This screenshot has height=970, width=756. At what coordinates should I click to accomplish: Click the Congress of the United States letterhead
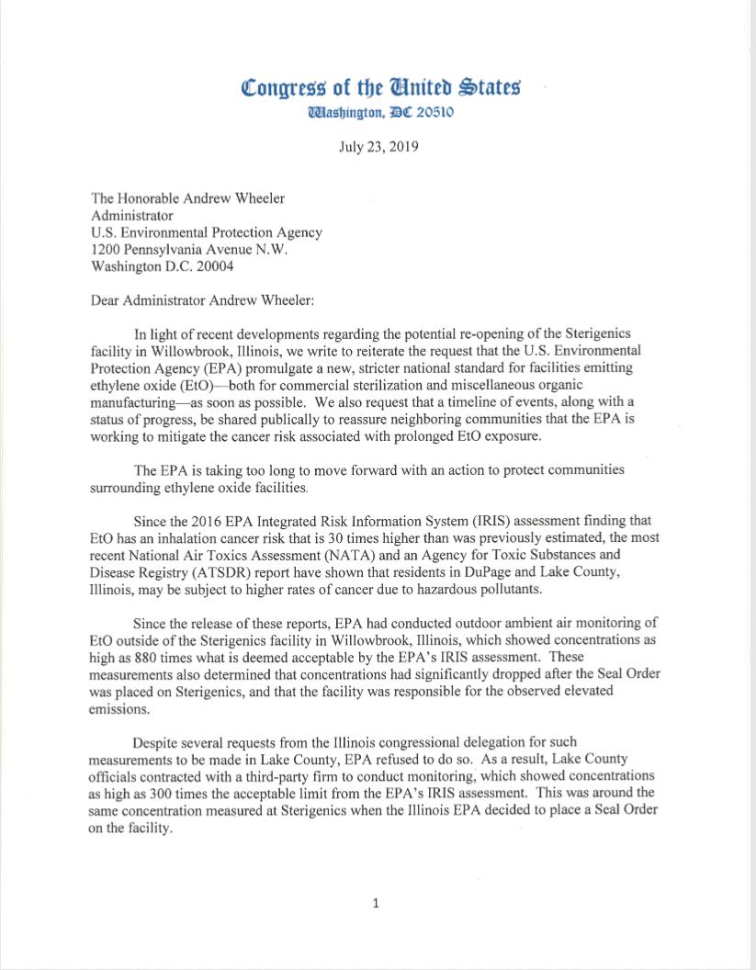point(380,88)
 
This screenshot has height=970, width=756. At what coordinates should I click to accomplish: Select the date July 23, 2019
point(378,147)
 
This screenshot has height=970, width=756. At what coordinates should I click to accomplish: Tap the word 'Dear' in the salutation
point(107,299)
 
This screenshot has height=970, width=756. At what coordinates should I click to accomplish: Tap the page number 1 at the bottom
point(375,903)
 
